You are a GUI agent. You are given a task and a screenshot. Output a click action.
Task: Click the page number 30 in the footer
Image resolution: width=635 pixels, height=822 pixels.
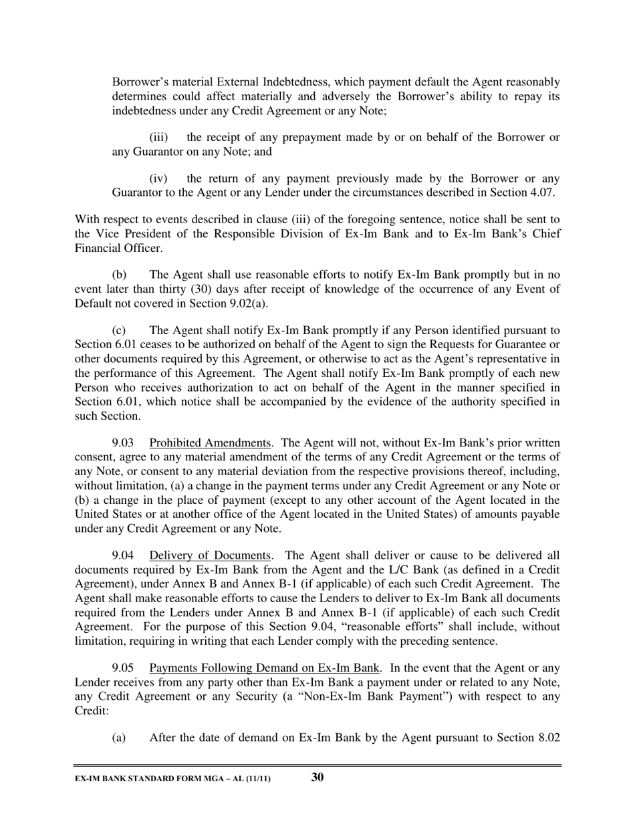click(317, 777)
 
